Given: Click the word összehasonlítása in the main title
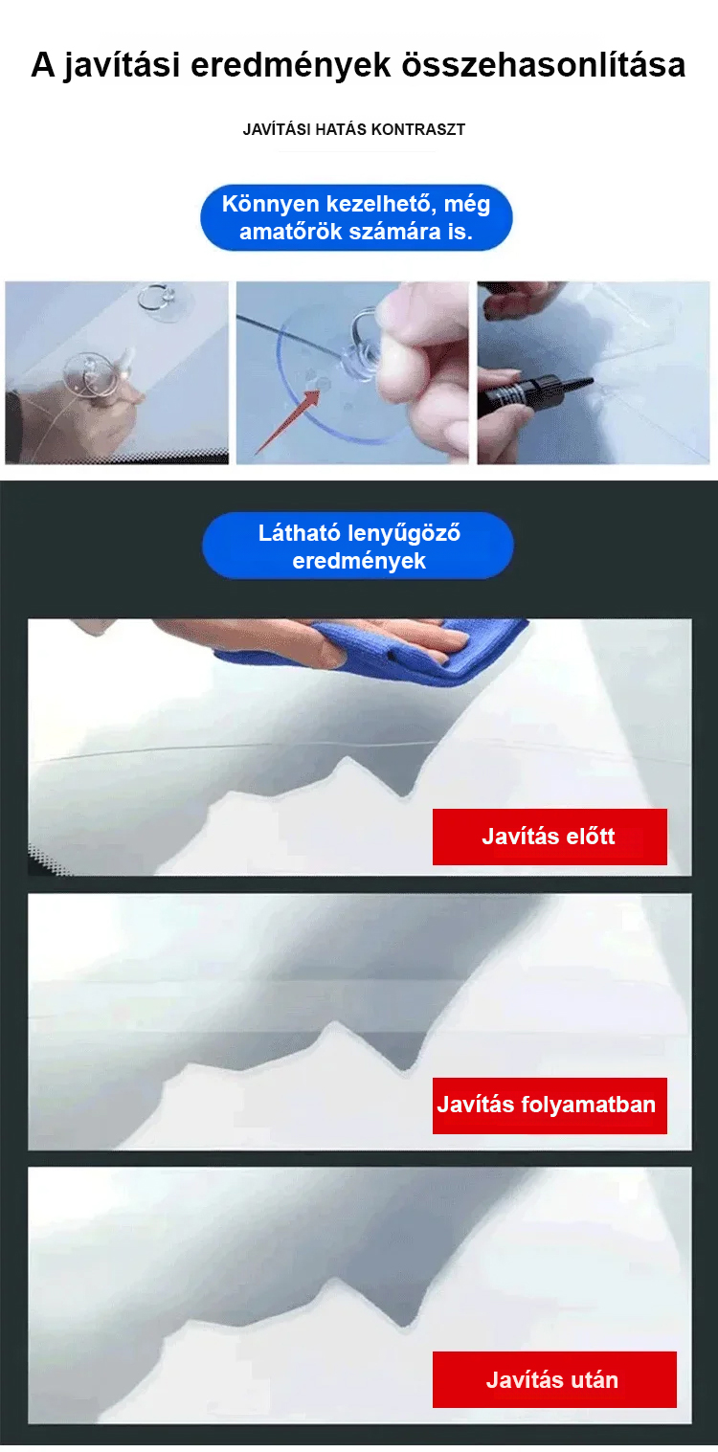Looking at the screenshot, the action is click(544, 65).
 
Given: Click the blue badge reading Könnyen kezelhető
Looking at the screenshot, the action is click(356, 218).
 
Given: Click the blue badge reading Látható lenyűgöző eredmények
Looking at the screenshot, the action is click(358, 546).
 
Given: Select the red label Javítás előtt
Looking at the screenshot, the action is click(550, 837).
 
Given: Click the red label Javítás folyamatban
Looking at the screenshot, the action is click(550, 1106).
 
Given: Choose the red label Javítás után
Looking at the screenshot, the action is click(554, 1379).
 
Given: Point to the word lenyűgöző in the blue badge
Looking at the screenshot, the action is click(404, 533).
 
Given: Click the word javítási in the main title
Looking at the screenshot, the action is click(122, 66).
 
